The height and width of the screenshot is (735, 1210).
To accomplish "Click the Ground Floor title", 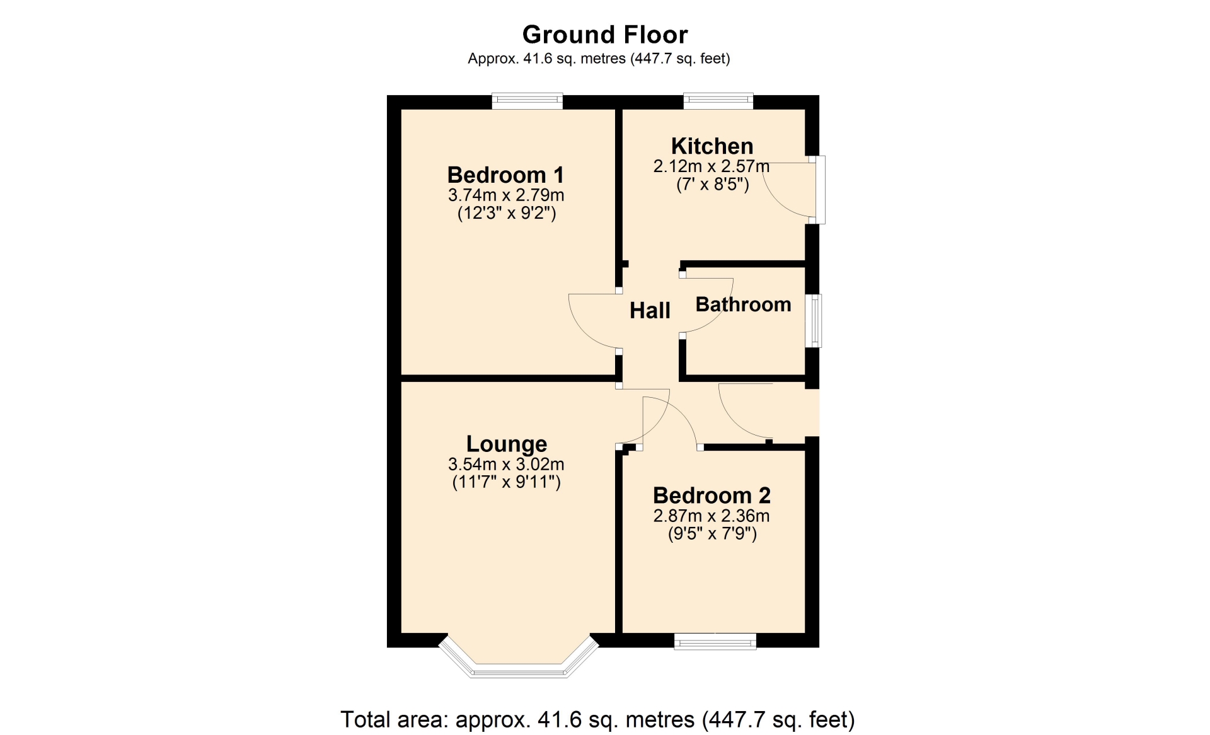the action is click(605, 35).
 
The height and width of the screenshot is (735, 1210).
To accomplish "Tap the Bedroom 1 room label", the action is click(505, 175).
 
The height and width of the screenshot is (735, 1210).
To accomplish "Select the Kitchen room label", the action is click(712, 146).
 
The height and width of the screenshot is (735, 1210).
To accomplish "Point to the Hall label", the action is click(650, 311).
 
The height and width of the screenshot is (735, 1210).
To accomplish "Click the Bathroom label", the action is click(743, 304).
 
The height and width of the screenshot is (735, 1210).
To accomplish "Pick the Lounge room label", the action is click(507, 444).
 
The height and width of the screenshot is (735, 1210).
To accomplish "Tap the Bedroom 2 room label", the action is click(712, 495).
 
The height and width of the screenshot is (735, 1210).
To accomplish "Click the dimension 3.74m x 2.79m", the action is click(506, 195).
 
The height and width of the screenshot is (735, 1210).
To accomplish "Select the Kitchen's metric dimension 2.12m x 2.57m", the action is click(712, 166).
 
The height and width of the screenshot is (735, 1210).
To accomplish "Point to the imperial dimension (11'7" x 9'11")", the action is click(507, 482).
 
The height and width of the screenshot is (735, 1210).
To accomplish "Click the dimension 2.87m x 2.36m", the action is click(712, 516).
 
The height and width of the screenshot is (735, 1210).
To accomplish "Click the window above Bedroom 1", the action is click(527, 101).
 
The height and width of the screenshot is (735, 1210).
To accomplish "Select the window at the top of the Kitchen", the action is click(718, 101).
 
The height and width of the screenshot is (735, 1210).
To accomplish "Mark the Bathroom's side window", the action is click(815, 321).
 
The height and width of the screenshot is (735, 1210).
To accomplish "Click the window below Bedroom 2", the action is click(715, 641).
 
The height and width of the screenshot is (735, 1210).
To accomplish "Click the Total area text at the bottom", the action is click(597, 719).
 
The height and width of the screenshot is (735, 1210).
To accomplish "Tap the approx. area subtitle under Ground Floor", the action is click(599, 59).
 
